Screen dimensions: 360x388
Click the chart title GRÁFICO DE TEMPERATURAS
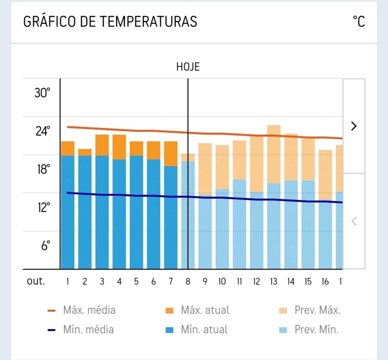(110, 21)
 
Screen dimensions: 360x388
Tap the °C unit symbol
(359, 21)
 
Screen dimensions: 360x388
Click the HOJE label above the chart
(188, 67)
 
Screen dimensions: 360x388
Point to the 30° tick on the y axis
(42, 93)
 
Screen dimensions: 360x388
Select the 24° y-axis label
(42, 131)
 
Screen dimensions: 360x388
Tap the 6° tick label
(45, 245)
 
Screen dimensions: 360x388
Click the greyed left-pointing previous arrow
(354, 221)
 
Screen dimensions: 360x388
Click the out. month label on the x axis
(36, 281)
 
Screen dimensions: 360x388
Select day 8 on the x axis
(188, 281)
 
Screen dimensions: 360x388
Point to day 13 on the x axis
(274, 281)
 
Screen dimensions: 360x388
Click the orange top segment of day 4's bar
(119, 147)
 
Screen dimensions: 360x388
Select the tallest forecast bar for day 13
(274, 154)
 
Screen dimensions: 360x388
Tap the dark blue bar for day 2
(85, 212)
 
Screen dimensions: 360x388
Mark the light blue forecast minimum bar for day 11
(239, 224)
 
